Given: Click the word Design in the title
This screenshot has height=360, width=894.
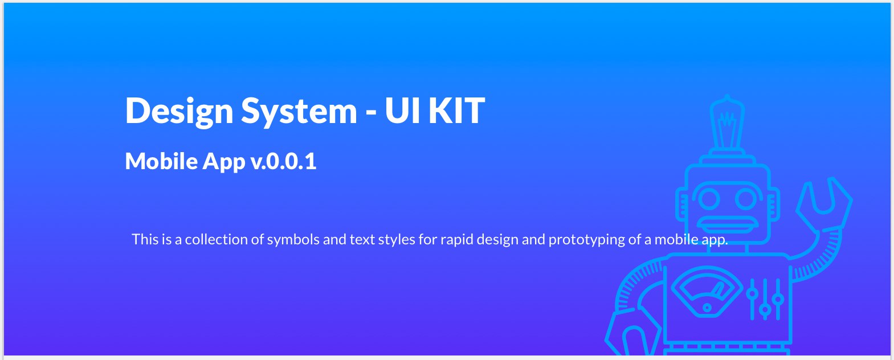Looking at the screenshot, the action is click(179, 112).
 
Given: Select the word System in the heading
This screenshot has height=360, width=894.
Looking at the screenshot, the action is click(299, 112).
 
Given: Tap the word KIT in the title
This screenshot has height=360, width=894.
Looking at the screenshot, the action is click(456, 111).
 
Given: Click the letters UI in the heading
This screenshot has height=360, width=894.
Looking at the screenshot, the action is click(402, 111).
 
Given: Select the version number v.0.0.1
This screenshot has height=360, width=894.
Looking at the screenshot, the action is click(283, 161).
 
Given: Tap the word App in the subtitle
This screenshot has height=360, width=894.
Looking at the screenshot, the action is click(224, 162).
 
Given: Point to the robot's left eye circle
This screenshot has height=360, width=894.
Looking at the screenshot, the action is click(709, 198).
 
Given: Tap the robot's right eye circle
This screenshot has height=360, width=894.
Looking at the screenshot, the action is click(745, 198).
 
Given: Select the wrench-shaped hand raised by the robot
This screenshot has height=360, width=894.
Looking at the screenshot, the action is click(824, 203).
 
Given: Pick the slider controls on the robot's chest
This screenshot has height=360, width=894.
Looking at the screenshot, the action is click(765, 299).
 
